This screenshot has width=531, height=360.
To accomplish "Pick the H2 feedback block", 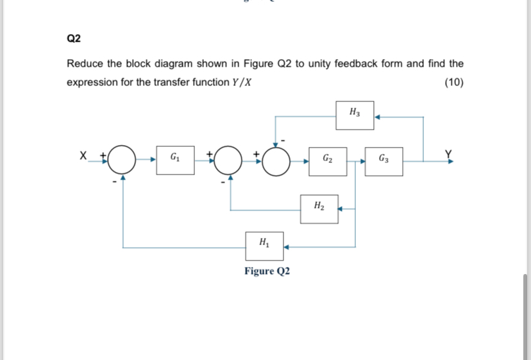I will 319,207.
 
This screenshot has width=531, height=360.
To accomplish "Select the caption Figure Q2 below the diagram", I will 267,271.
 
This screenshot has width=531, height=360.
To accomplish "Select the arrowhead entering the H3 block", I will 378,117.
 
